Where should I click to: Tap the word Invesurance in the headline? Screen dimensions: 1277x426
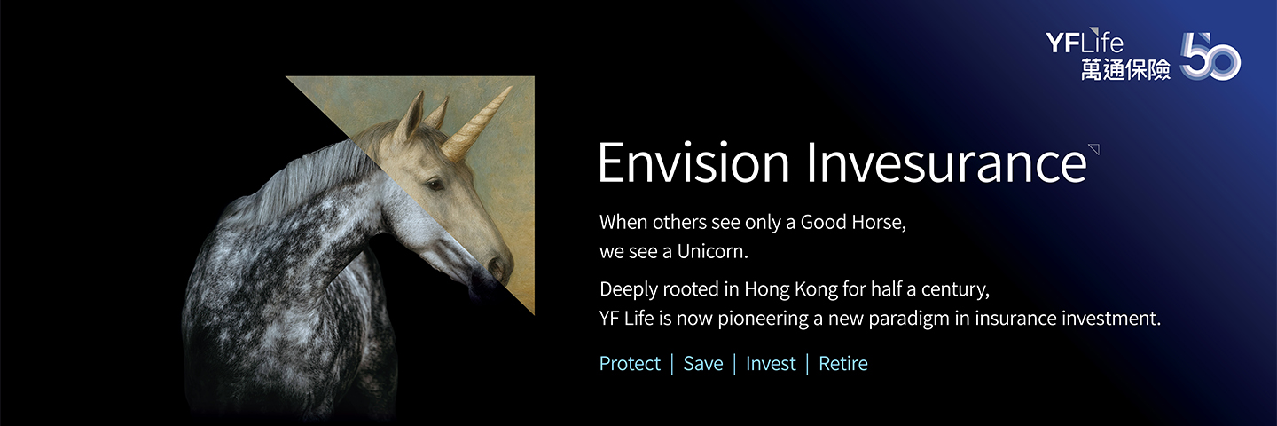(x=946, y=162)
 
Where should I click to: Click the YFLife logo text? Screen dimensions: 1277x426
(x=1085, y=43)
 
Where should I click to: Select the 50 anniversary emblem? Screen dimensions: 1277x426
(x=1210, y=57)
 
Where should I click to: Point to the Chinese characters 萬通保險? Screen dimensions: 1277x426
(x=1126, y=69)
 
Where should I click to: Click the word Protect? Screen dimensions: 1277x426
(x=630, y=364)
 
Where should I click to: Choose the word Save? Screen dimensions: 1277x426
(x=703, y=364)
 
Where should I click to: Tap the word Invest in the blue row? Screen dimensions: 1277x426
(x=771, y=364)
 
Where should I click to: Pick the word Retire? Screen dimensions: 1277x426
(x=843, y=364)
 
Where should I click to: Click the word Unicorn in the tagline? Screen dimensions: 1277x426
(x=712, y=251)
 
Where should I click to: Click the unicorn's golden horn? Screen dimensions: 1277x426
(x=476, y=122)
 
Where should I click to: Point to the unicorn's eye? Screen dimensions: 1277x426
(x=435, y=185)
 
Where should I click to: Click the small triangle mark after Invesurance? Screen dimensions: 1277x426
(x=1094, y=149)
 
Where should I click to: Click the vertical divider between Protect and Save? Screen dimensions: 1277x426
(x=672, y=364)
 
